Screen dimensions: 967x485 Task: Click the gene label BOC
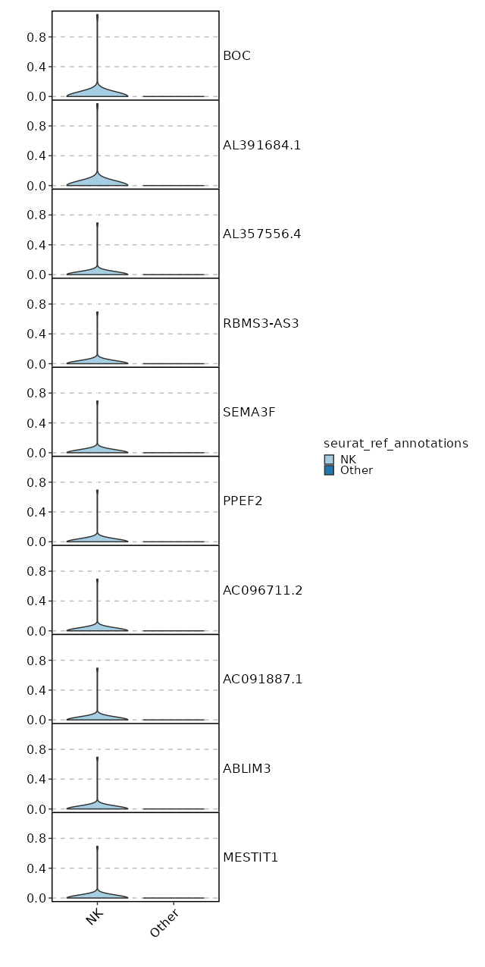tap(236, 55)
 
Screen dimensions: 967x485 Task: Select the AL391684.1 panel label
tap(261, 145)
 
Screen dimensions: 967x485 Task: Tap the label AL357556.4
tap(261, 234)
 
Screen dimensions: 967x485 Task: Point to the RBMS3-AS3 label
tap(261, 323)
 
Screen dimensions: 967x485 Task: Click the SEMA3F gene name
tap(249, 412)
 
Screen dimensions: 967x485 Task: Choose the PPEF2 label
tap(242, 501)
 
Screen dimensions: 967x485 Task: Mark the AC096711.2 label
tap(262, 590)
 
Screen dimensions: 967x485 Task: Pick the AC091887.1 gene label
tap(262, 679)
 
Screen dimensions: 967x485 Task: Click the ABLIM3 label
tap(246, 768)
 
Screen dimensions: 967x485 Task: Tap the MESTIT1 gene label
tap(250, 857)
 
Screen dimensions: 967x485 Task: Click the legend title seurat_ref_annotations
tap(396, 443)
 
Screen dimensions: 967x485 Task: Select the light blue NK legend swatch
tap(329, 460)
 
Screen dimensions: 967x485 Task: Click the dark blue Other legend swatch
tap(329, 470)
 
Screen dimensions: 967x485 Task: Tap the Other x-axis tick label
tap(166, 921)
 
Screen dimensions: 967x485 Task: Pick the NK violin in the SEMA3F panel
tap(97, 449)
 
